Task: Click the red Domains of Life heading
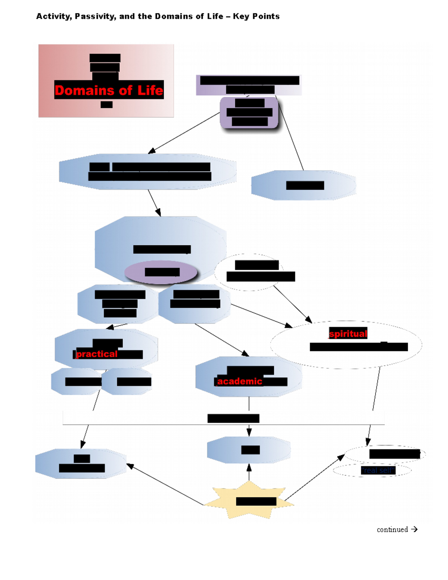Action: click(x=109, y=90)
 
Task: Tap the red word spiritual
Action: click(x=348, y=333)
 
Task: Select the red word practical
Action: click(x=97, y=354)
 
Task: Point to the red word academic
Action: click(x=239, y=381)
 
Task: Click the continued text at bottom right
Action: click(x=392, y=529)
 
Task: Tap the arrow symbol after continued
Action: click(x=414, y=529)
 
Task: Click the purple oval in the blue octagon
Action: click(x=161, y=272)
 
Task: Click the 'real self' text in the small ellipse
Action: click(x=378, y=470)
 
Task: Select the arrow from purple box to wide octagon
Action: click(x=185, y=133)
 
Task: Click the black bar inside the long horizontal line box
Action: click(x=233, y=418)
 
